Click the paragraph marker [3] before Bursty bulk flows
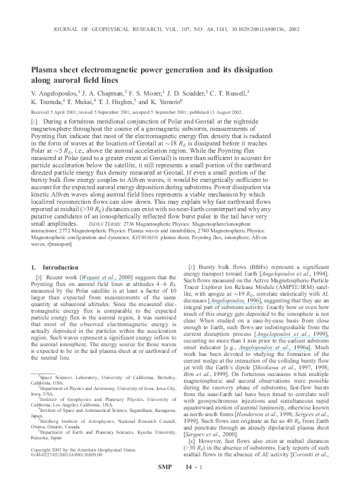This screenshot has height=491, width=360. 192,267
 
